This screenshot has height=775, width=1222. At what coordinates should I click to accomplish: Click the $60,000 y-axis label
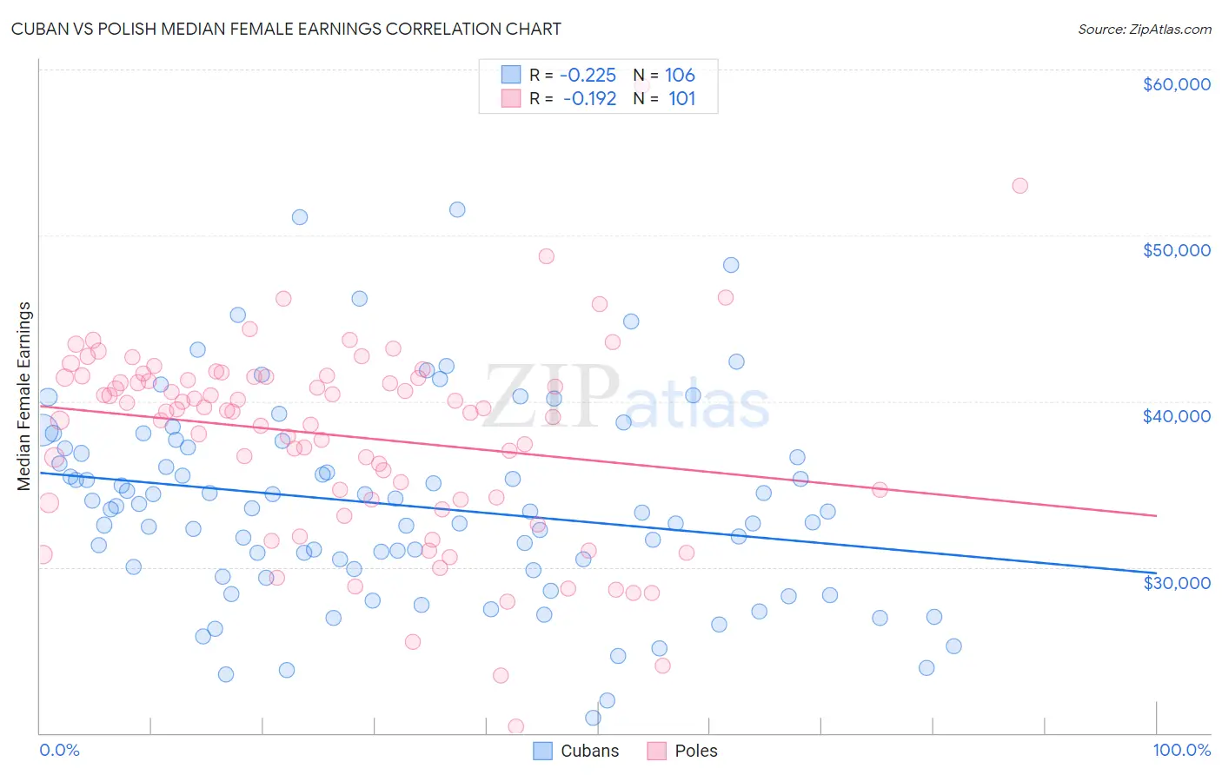pyautogui.click(x=1176, y=84)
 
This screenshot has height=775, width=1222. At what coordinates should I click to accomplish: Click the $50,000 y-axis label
pyautogui.click(x=1176, y=250)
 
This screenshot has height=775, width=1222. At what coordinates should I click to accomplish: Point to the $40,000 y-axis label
pyautogui.click(x=1176, y=416)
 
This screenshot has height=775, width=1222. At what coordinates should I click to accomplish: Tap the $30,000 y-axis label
pyautogui.click(x=1176, y=582)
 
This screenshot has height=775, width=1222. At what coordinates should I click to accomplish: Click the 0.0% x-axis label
pyautogui.click(x=59, y=750)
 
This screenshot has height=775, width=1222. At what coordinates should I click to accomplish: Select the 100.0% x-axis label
pyautogui.click(x=1181, y=750)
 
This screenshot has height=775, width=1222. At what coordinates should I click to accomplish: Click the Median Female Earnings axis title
pyautogui.click(x=24, y=396)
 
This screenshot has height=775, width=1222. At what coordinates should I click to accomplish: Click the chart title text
pyautogui.click(x=286, y=29)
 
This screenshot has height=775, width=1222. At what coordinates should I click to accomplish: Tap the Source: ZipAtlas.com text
pyautogui.click(x=1144, y=29)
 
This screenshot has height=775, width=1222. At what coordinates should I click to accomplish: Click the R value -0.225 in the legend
pyautogui.click(x=588, y=76)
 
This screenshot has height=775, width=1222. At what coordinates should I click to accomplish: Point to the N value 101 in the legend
pyautogui.click(x=681, y=98)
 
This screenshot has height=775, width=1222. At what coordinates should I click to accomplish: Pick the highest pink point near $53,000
pyautogui.click(x=1019, y=186)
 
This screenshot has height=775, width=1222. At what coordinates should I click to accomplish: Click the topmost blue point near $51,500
pyautogui.click(x=457, y=209)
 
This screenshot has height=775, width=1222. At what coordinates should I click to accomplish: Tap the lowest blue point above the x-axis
pyautogui.click(x=593, y=718)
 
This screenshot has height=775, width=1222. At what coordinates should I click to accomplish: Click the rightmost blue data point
pyautogui.click(x=953, y=646)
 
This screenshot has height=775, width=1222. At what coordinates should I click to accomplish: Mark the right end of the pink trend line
pyautogui.click(x=1156, y=516)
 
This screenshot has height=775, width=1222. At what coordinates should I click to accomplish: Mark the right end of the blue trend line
pyautogui.click(x=1156, y=573)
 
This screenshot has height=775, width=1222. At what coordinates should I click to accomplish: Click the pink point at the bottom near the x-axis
pyautogui.click(x=515, y=726)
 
